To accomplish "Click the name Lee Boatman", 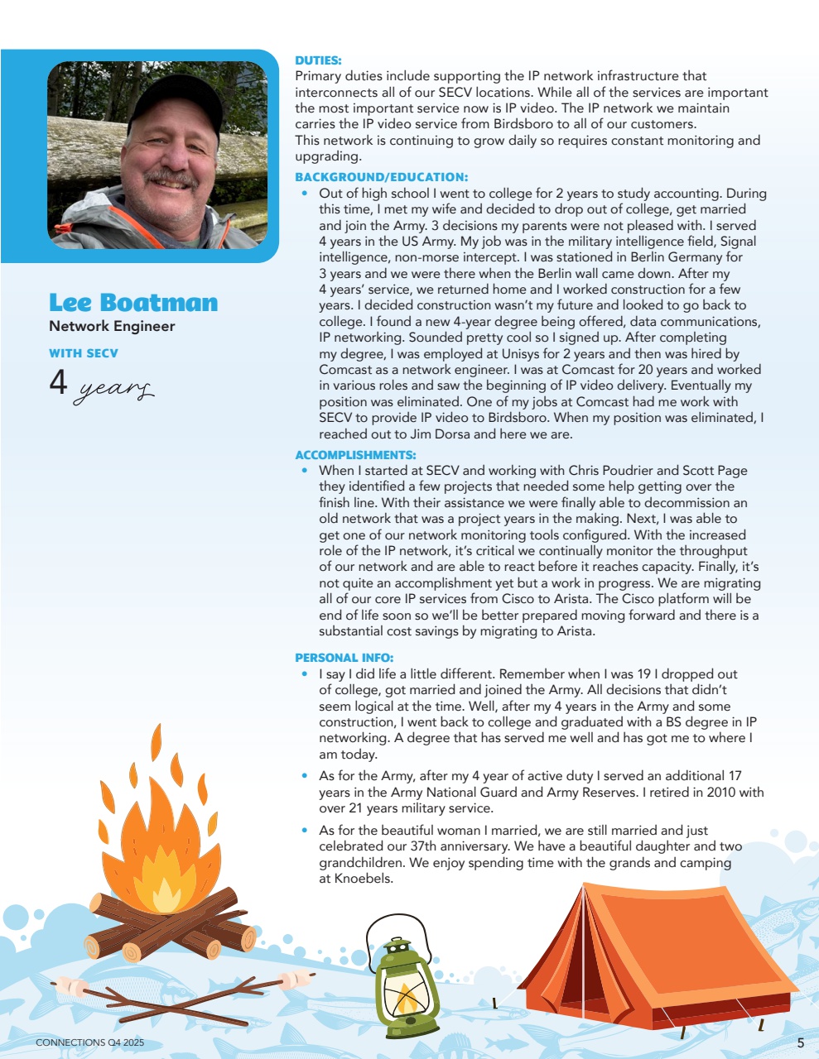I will tap(133, 303).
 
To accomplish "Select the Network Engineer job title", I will tap(112, 326).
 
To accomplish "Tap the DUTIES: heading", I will tap(318, 60).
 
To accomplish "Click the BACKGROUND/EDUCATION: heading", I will tap(382, 177).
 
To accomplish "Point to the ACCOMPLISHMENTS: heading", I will tap(355, 455).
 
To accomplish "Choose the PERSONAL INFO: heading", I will tap(344, 658).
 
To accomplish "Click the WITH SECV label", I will tap(84, 353).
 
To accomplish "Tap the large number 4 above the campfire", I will tap(58, 382).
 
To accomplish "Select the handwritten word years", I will tap(113, 389).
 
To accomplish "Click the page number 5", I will tap(800, 1043).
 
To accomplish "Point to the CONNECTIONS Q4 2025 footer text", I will tap(89, 1042).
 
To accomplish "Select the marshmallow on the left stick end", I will tap(71, 987).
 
